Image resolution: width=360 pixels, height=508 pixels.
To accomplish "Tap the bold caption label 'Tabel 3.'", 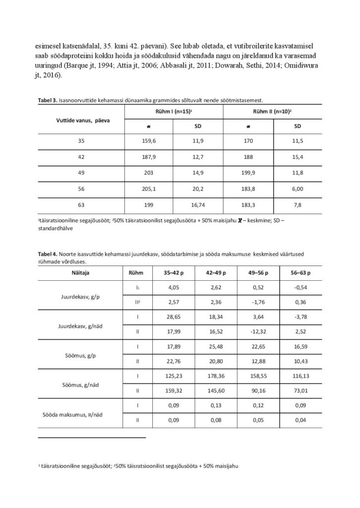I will pos(48,100).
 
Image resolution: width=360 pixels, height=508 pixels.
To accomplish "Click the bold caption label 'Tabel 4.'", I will pos(48,254).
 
